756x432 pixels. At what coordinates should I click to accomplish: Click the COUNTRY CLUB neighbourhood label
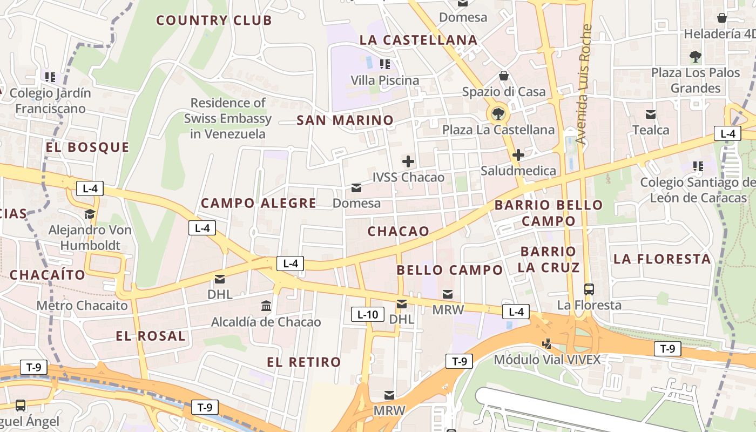(x=214, y=21)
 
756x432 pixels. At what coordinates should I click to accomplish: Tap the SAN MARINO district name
(x=345, y=120)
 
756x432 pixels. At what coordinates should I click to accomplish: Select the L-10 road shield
(x=368, y=314)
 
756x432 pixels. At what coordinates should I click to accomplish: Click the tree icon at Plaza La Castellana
(x=498, y=113)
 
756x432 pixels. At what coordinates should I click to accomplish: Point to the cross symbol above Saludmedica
(x=518, y=155)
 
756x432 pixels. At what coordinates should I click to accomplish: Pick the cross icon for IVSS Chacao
(x=408, y=161)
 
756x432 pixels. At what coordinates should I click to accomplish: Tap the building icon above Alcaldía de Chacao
(x=266, y=306)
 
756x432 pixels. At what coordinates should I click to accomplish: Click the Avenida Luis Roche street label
(x=582, y=84)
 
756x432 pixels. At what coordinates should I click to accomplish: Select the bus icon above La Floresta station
(x=589, y=289)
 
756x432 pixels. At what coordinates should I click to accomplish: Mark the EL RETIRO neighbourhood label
(x=304, y=362)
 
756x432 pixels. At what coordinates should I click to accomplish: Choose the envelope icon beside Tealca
(x=651, y=114)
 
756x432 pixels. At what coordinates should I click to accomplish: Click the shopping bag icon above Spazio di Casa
(x=504, y=76)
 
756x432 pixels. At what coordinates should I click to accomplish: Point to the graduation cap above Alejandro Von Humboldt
(x=90, y=214)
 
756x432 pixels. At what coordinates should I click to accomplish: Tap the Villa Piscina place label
(x=384, y=80)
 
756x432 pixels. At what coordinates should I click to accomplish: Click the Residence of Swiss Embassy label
(x=228, y=118)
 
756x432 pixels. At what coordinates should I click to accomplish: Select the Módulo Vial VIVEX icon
(x=547, y=343)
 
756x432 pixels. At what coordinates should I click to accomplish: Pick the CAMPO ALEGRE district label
(x=259, y=203)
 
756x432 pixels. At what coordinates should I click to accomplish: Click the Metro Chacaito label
(x=82, y=306)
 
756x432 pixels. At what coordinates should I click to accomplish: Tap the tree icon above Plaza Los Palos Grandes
(x=696, y=56)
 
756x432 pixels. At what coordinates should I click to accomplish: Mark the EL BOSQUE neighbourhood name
(x=87, y=147)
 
